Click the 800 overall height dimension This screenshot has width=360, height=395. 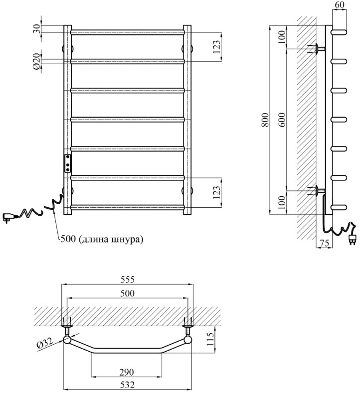[x=265, y=120]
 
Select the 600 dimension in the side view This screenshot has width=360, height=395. [x=282, y=120]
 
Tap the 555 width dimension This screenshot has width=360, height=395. [x=128, y=279]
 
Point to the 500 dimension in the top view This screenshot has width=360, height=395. [x=128, y=294]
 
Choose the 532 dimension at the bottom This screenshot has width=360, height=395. [x=127, y=385]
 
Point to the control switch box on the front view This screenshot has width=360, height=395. [x=67, y=162]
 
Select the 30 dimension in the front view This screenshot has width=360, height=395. [x=36, y=29]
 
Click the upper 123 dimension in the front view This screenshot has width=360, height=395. [x=216, y=47]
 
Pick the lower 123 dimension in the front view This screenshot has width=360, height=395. [x=216, y=192]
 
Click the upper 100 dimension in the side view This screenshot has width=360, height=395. [x=282, y=38]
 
